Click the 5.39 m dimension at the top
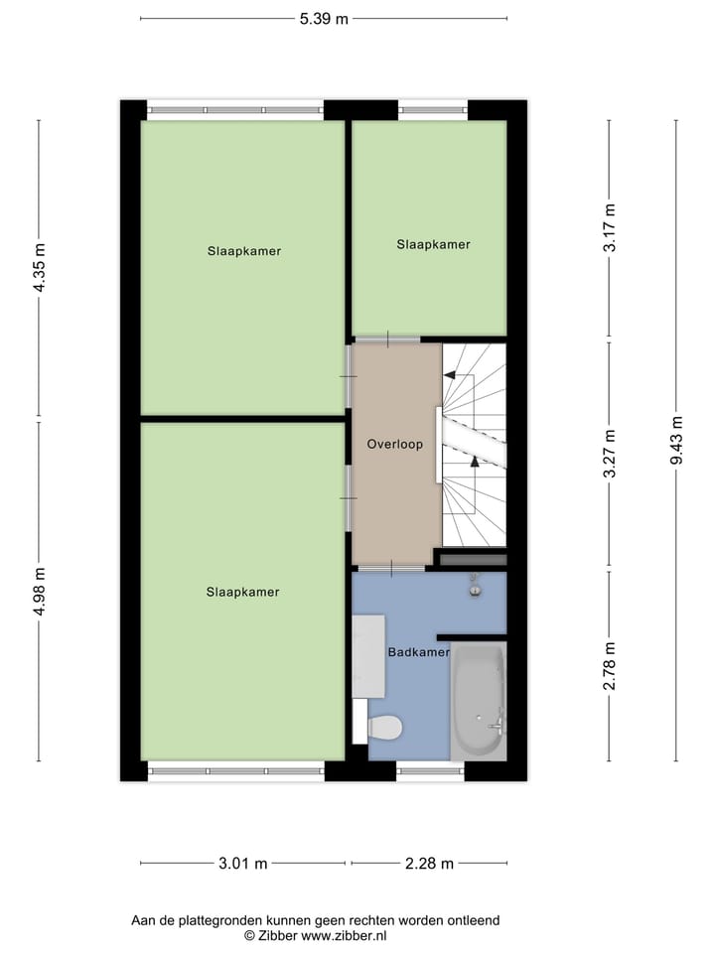pyautogui.click(x=324, y=18)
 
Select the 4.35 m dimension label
pyautogui.click(x=39, y=268)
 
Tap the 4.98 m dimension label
pyautogui.click(x=39, y=592)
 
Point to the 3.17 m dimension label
pyautogui.click(x=610, y=227)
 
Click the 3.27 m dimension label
pyautogui.click(x=610, y=454)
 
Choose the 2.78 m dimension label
pyautogui.click(x=610, y=666)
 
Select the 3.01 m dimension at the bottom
pyautogui.click(x=243, y=864)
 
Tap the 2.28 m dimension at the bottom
pyautogui.click(x=428, y=864)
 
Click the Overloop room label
pyautogui.click(x=393, y=444)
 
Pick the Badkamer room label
pyautogui.click(x=418, y=652)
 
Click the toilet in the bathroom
pyautogui.click(x=383, y=729)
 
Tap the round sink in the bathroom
pyautogui.click(x=476, y=590)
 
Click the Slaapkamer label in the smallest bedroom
pyautogui.click(x=433, y=244)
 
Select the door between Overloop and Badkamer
pyautogui.click(x=390, y=569)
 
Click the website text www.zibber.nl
pyautogui.click(x=344, y=935)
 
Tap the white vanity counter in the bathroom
pyautogui.click(x=368, y=655)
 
